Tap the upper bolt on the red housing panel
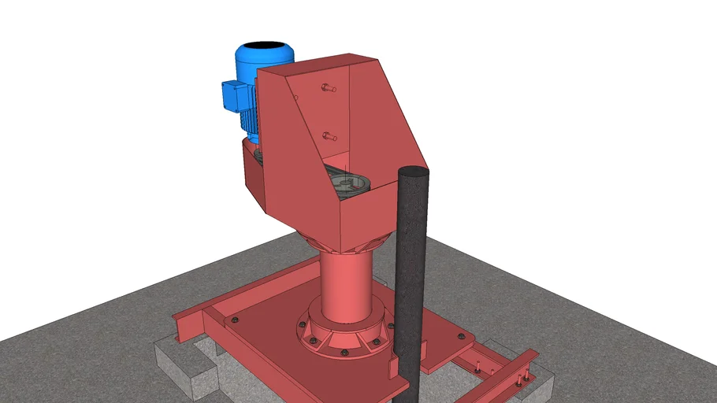pos(329,88)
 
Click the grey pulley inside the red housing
pos(347,185)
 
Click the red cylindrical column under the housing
pos(345,283)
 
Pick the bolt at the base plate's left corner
pos(233,320)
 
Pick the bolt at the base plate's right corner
pos(460,336)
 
